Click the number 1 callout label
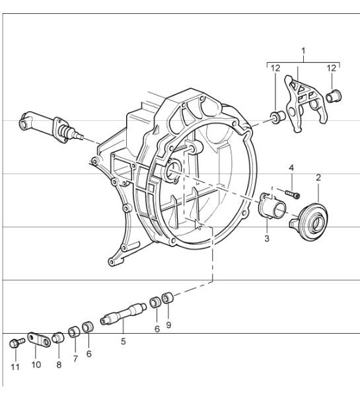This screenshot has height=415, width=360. click(303, 50)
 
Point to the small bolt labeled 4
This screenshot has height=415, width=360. click(291, 193)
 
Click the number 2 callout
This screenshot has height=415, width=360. click(318, 178)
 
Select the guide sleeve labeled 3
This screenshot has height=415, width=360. click(271, 206)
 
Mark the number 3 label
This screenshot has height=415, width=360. click(268, 238)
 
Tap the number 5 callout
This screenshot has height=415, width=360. click(123, 342)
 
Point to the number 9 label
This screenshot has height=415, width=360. click(169, 326)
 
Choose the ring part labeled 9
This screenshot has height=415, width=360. click(168, 298)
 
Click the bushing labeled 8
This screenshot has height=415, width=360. click(58, 339)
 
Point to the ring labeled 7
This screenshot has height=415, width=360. click(74, 331)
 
